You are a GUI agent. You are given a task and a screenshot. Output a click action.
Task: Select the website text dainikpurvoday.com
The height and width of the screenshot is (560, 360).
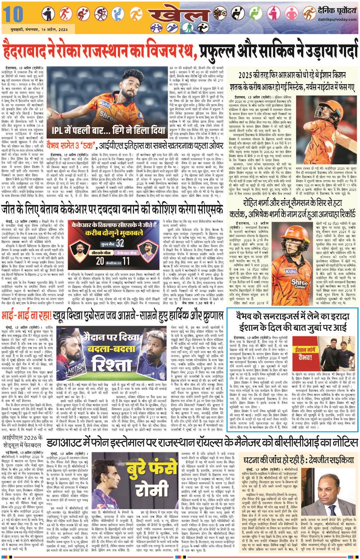point(337,20)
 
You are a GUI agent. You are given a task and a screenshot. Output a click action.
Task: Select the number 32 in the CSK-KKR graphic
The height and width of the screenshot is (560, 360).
point(120,243)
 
